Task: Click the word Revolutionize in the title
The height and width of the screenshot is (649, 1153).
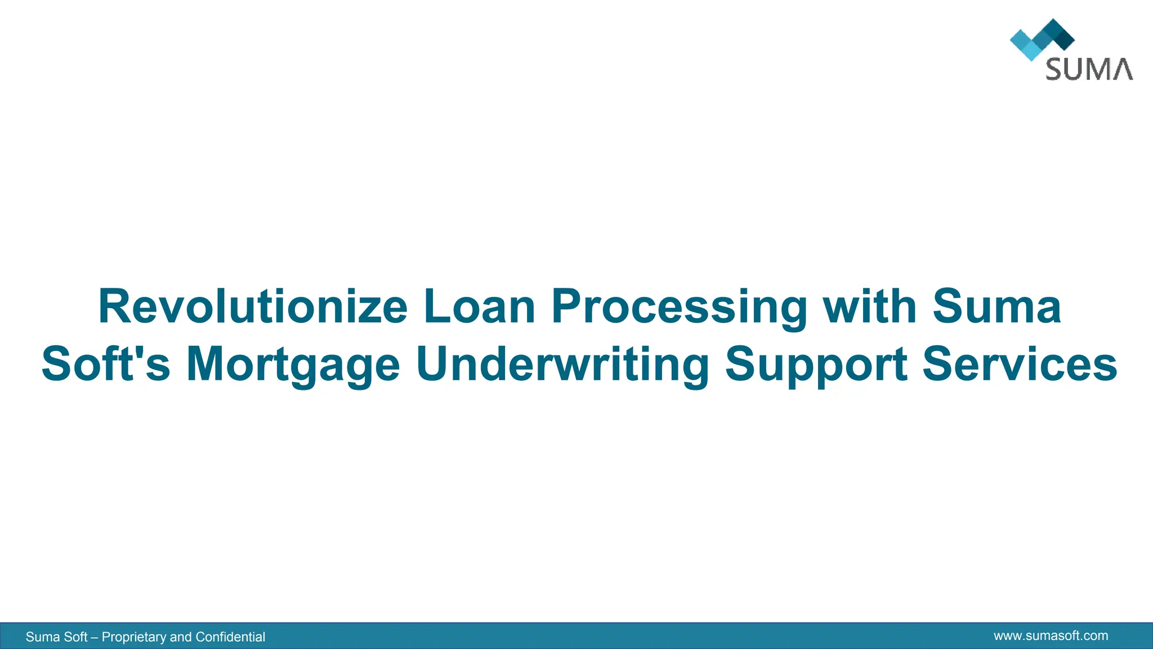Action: pos(253,307)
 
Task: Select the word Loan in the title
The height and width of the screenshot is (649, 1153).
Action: pos(479,307)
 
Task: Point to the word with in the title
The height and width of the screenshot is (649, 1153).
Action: pos(870,307)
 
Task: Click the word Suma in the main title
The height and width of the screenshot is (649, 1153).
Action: pos(996,307)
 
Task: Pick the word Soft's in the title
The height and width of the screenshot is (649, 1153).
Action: pos(106,364)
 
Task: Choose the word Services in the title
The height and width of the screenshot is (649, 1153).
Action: pos(1020,364)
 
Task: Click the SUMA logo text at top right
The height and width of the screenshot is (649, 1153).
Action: pos(1089,69)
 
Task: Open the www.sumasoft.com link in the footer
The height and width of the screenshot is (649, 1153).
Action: pos(1051,636)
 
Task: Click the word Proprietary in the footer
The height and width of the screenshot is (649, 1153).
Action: pos(134,637)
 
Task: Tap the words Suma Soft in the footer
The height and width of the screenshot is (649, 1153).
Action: pos(56,637)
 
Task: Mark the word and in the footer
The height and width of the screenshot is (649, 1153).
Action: pos(181,637)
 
